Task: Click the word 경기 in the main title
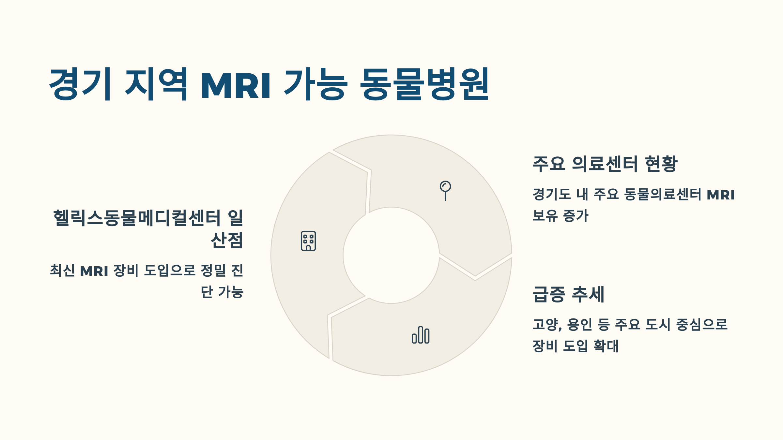[x=80, y=84]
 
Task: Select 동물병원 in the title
[x=424, y=84]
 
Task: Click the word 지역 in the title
[x=156, y=84]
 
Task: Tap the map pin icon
[x=445, y=190]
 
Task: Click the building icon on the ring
[x=308, y=241]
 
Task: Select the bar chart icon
[x=421, y=335]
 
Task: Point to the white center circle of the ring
[x=391, y=255]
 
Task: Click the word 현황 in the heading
[x=661, y=164]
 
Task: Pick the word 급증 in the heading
[x=549, y=294]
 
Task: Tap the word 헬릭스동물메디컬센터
[x=137, y=218]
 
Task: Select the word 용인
[x=579, y=325]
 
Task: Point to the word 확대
[x=606, y=346]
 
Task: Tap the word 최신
[x=62, y=271]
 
